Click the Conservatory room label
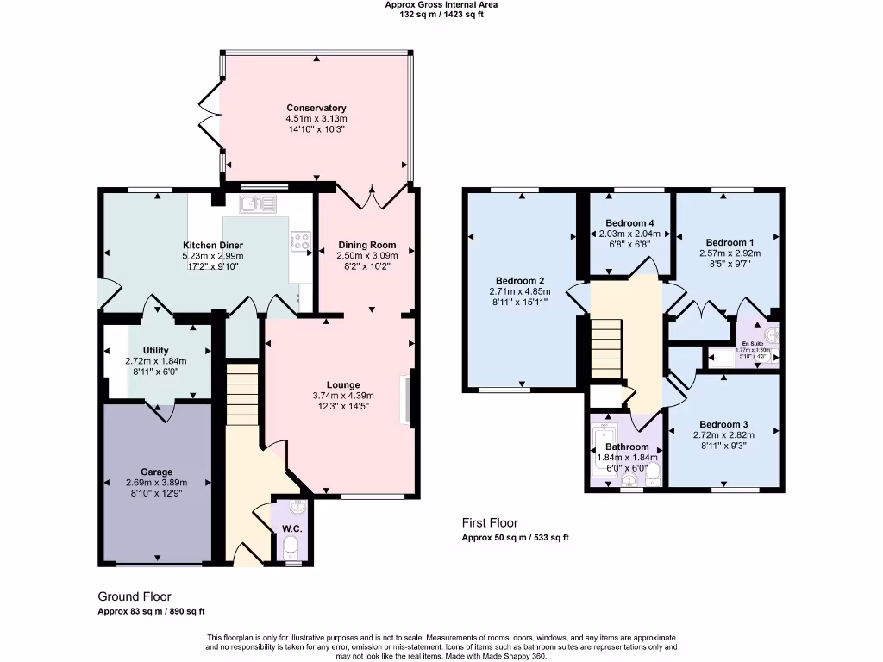click(x=316, y=108)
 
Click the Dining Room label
click(x=366, y=245)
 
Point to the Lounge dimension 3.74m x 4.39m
click(x=342, y=396)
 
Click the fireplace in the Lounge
click(x=405, y=398)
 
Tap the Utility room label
click(x=156, y=350)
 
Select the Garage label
click(x=156, y=472)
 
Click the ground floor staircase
click(x=242, y=393)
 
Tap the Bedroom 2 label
click(x=520, y=280)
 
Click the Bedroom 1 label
click(x=730, y=242)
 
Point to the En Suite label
click(x=754, y=344)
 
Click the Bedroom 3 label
click(x=723, y=424)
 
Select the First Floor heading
click(x=490, y=523)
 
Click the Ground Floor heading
click(x=135, y=596)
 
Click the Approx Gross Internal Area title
click(x=441, y=4)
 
